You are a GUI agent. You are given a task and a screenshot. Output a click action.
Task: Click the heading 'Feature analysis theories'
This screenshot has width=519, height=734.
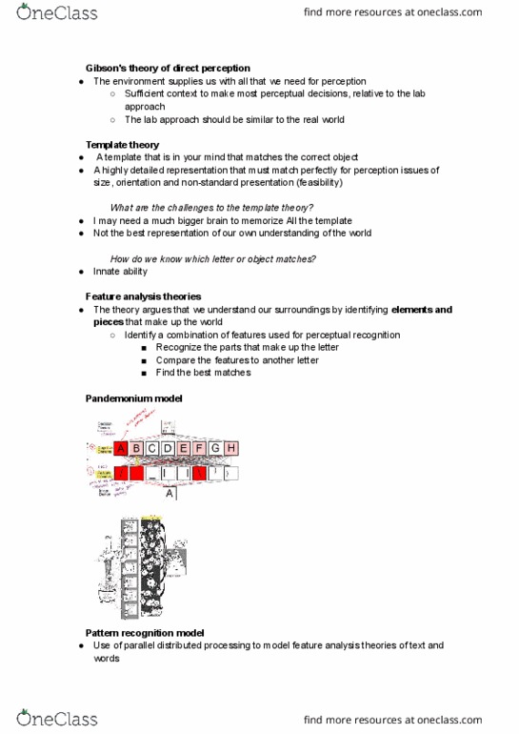(x=143, y=296)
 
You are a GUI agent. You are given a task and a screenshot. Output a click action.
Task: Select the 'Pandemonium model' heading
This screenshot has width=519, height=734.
(x=133, y=398)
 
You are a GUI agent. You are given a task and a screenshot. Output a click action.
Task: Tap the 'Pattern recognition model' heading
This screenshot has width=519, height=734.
(x=145, y=632)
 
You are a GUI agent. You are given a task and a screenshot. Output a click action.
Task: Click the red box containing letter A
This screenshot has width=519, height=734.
(x=121, y=448)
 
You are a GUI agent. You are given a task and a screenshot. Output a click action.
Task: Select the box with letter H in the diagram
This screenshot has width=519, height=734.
(x=230, y=448)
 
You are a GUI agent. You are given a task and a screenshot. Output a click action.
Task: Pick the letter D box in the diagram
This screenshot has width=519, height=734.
(x=169, y=448)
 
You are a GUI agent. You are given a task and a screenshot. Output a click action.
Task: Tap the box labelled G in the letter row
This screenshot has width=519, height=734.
(x=215, y=448)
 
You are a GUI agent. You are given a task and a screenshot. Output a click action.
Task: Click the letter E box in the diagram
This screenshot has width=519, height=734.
(x=184, y=448)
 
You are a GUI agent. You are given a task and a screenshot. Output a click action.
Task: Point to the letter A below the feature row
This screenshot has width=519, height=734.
(x=170, y=494)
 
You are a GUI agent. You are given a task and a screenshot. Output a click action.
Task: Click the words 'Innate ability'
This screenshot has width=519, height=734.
(x=120, y=272)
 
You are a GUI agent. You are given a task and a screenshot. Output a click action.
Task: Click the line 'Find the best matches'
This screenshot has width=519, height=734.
(x=203, y=373)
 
